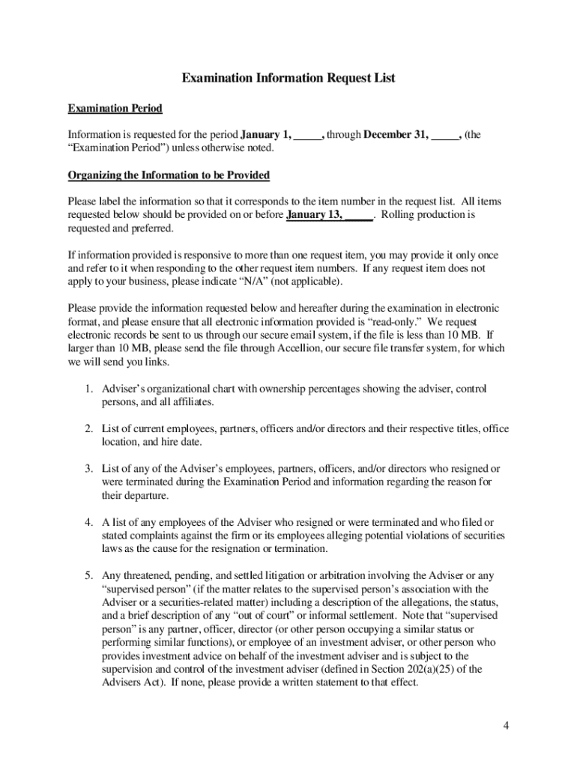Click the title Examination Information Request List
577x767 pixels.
coord(288,78)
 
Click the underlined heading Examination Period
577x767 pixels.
coord(115,109)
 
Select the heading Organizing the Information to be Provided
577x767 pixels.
coord(169,175)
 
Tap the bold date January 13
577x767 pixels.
coord(315,215)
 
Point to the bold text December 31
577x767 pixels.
coord(396,135)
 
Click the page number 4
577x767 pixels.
coord(507,726)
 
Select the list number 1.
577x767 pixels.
coord(88,389)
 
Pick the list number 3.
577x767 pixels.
coord(88,469)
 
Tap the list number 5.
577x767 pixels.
coord(88,575)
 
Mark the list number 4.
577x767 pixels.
coord(88,522)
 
